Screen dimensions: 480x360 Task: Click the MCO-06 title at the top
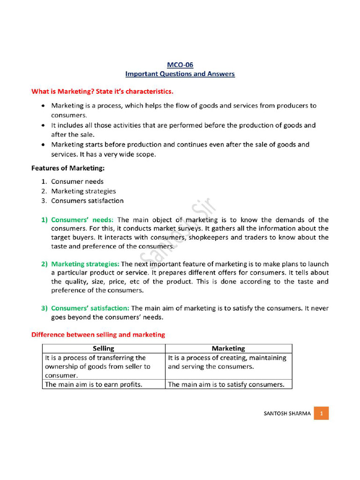click(x=180, y=65)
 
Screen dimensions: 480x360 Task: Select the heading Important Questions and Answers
click(x=180, y=74)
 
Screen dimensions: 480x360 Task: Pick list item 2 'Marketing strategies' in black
click(x=83, y=191)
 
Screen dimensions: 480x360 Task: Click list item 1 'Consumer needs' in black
click(x=77, y=181)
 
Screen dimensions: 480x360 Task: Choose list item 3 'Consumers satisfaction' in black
click(x=87, y=201)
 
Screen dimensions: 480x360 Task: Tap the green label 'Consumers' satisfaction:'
click(x=90, y=308)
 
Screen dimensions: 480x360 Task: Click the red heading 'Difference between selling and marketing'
click(x=98, y=335)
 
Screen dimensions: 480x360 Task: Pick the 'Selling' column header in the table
click(x=104, y=348)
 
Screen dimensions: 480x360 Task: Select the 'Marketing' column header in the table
click(x=228, y=348)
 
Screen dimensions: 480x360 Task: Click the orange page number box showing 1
click(x=322, y=413)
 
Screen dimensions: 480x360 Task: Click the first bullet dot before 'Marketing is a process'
click(x=43, y=106)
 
